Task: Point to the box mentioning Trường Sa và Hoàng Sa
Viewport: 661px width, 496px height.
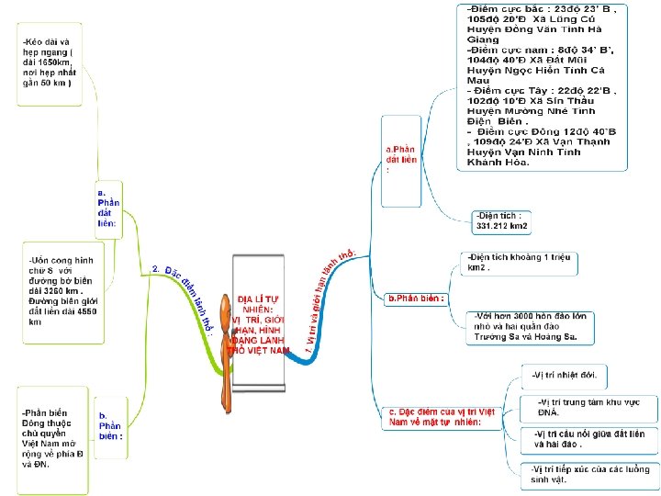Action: [532, 328]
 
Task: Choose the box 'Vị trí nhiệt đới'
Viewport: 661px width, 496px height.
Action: [566, 375]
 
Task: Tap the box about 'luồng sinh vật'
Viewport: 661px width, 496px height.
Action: [588, 474]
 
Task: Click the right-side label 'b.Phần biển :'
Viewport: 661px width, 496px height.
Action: [418, 299]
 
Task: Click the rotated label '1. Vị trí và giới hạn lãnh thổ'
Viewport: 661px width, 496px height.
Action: [328, 302]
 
